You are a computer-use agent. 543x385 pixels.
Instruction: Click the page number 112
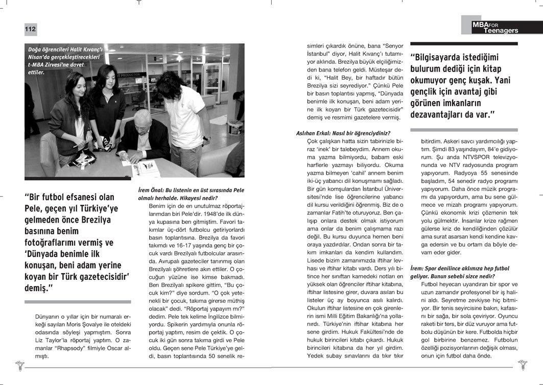pos(31,30)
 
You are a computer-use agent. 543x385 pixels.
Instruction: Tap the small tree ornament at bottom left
pos(19,365)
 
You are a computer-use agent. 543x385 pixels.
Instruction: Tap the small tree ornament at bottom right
pos(523,365)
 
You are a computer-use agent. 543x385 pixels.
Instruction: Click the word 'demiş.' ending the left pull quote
pos(39,290)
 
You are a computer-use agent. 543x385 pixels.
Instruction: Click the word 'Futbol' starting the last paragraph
pos(430,283)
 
